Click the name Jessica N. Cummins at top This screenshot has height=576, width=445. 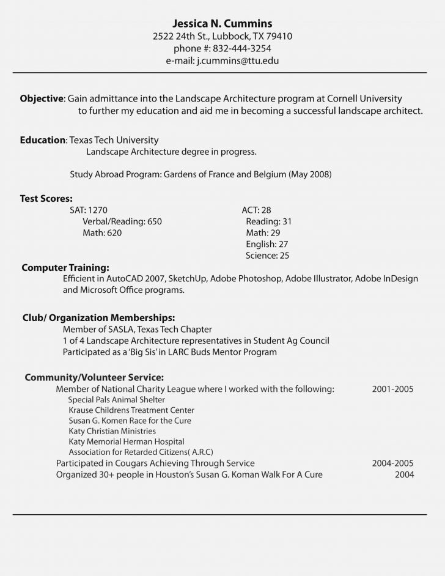click(223, 23)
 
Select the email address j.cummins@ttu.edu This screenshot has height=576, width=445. click(238, 61)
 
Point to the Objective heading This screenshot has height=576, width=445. click(42, 98)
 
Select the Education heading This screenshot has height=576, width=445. click(43, 140)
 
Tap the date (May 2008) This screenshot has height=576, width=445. click(310, 174)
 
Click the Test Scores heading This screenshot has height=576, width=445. click(46, 198)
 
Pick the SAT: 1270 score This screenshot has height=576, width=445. click(89, 210)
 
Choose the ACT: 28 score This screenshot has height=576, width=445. click(256, 210)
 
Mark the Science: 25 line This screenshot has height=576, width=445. click(267, 256)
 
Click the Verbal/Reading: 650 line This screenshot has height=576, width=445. click(122, 221)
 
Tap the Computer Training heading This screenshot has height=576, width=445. click(65, 267)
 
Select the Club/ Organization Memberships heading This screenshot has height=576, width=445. click(99, 318)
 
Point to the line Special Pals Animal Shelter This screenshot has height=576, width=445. click(116, 399)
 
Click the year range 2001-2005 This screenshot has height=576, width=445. click(393, 388)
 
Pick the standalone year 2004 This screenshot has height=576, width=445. click(404, 474)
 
